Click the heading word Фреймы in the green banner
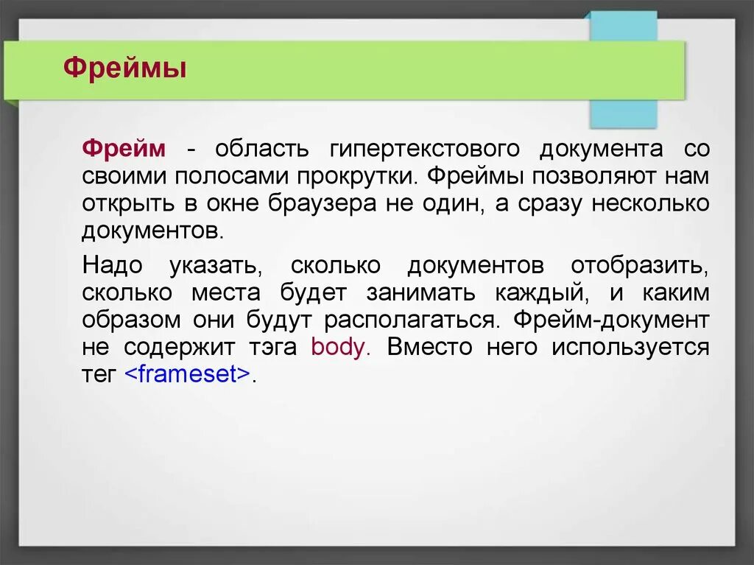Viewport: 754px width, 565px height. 124,69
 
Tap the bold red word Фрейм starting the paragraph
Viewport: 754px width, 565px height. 124,148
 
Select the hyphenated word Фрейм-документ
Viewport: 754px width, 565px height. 612,320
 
